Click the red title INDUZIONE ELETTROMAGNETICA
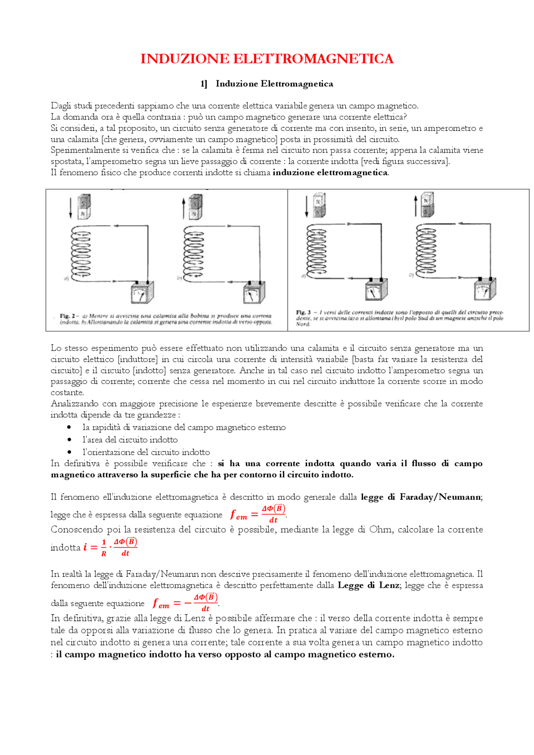pyautogui.click(x=267, y=59)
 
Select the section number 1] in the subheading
pyautogui.click(x=204, y=84)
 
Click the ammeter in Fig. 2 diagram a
pyautogui.click(x=142, y=292)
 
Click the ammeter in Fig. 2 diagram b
pyautogui.click(x=254, y=292)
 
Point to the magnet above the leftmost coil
pyautogui.click(x=84, y=206)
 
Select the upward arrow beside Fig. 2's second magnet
pyautogui.click(x=184, y=208)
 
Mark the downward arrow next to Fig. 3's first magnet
pyautogui.click(x=307, y=206)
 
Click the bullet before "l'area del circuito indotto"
pyautogui.click(x=69, y=439)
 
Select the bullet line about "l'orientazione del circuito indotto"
pyautogui.click(x=146, y=452)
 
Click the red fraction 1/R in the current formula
pyautogui.click(x=104, y=548)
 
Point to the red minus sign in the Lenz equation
pyautogui.click(x=188, y=603)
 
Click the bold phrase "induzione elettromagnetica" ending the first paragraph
pyautogui.click(x=330, y=173)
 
